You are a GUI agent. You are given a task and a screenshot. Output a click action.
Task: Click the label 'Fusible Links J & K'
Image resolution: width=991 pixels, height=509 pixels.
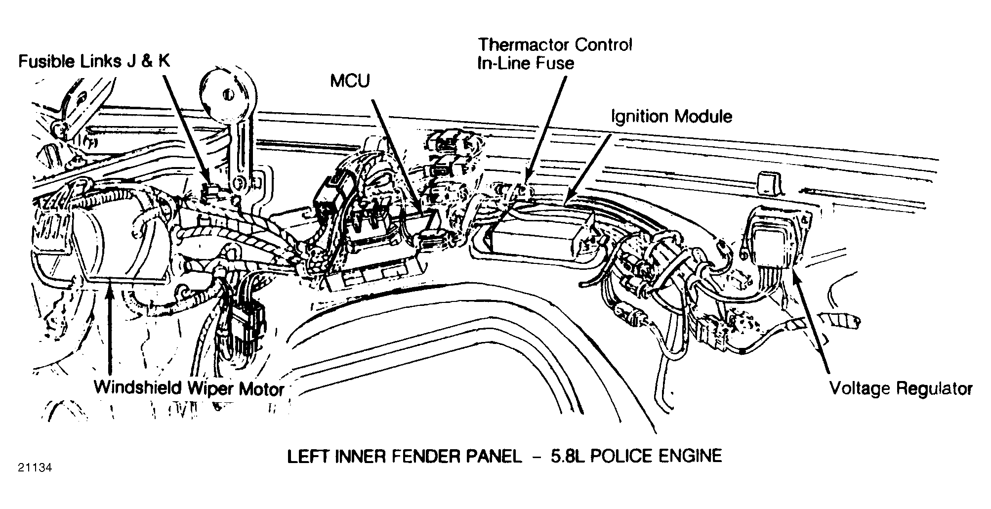tap(94, 61)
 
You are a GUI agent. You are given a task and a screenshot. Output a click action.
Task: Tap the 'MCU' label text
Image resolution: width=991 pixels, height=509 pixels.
tap(350, 81)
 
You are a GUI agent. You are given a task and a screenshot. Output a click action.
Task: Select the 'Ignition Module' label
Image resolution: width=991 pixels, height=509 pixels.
tap(671, 117)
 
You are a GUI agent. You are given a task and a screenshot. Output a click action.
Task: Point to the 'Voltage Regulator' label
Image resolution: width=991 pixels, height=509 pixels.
tap(901, 388)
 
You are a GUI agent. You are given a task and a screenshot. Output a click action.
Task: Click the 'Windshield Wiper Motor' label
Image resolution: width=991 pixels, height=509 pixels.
tap(189, 387)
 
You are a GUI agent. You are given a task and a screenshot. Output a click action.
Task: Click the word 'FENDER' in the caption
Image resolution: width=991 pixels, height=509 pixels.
tap(429, 456)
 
